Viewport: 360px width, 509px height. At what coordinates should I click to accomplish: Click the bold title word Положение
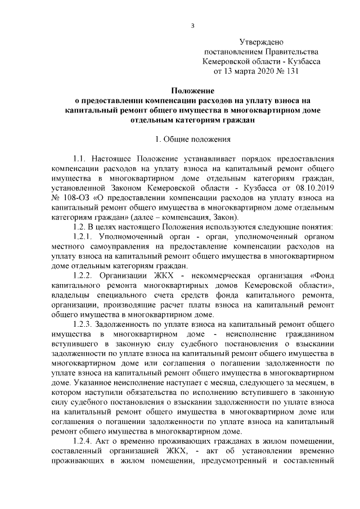[x=192, y=89]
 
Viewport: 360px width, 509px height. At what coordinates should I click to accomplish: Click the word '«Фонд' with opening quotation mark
[x=322, y=276]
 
